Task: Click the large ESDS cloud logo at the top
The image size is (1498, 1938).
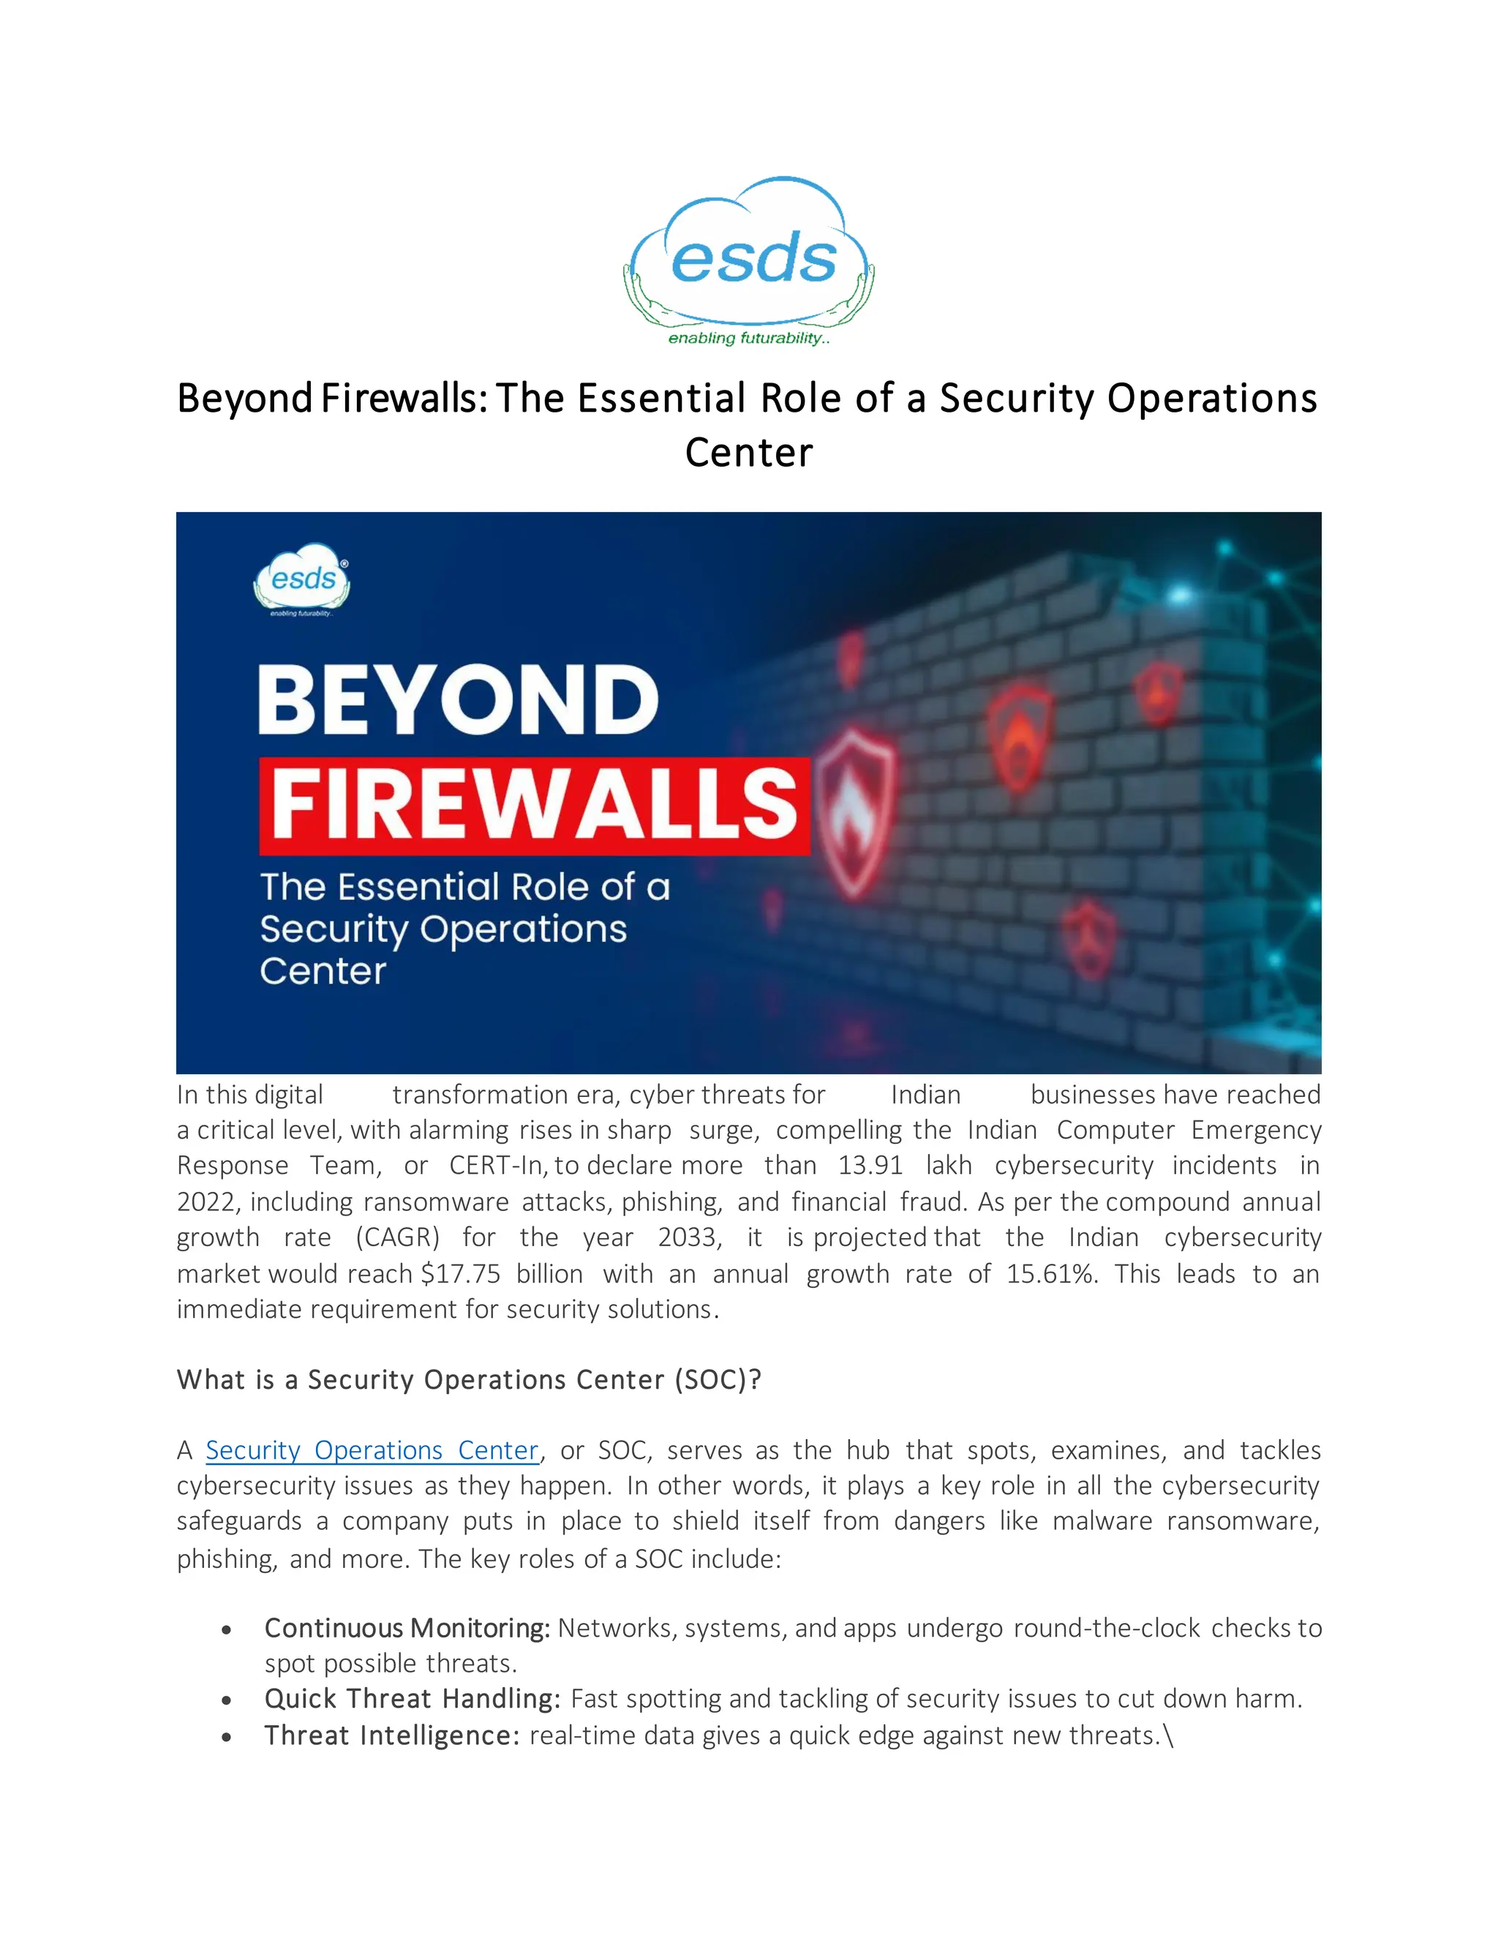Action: click(749, 253)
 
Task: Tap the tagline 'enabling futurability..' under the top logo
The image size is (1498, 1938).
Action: click(749, 338)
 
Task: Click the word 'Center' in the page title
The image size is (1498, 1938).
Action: click(748, 453)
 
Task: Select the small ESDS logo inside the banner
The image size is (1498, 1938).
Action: click(302, 579)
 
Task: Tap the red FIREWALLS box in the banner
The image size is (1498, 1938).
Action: click(534, 805)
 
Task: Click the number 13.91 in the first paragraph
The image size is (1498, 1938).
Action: click(870, 1165)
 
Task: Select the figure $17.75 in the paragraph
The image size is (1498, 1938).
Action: click(461, 1273)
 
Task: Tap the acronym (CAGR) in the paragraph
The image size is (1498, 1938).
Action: click(398, 1237)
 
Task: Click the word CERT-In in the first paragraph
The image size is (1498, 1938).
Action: click(497, 1165)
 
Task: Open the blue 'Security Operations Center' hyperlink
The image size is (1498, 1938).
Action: click(372, 1450)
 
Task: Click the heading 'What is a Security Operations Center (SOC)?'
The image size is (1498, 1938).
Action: click(469, 1380)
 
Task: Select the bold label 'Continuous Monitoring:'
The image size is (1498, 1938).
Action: click(407, 1629)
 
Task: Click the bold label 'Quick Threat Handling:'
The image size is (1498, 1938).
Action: click(413, 1698)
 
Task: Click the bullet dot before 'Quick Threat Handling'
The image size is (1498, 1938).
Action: click(227, 1700)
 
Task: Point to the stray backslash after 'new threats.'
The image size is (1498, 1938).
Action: click(1168, 1735)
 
